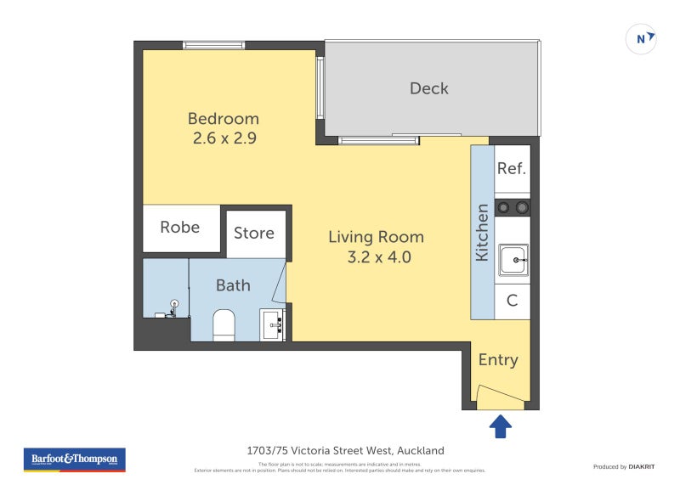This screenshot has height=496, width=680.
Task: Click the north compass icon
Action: (641, 39)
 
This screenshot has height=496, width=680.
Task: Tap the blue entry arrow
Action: (500, 426)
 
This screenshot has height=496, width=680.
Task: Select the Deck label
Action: (428, 88)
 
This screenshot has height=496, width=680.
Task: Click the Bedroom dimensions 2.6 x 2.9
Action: (223, 137)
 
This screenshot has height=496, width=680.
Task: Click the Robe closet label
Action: (180, 228)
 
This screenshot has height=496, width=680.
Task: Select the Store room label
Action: (253, 233)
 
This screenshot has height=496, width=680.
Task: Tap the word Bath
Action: (232, 285)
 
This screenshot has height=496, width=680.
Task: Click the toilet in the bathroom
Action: (223, 325)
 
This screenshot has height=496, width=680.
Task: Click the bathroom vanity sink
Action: (273, 324)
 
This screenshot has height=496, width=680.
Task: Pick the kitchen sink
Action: (513, 259)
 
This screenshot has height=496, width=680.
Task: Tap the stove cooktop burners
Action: (513, 207)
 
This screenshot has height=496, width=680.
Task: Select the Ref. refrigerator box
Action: (512, 168)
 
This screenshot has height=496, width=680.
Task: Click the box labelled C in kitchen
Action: (512, 301)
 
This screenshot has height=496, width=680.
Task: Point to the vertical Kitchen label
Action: (482, 232)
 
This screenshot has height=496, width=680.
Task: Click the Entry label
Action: (498, 360)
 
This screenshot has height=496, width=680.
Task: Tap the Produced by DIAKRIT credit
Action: (621, 466)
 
